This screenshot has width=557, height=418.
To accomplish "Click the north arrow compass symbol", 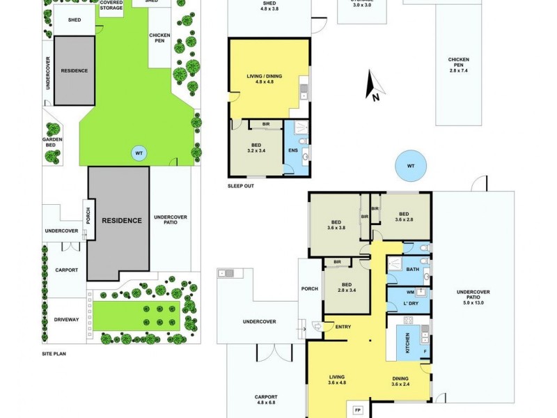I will (x=375, y=88).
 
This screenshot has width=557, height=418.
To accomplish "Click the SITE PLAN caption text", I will (x=56, y=353).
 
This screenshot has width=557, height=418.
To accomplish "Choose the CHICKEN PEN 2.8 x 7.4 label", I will (x=460, y=65).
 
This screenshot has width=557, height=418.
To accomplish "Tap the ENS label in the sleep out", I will (x=293, y=150).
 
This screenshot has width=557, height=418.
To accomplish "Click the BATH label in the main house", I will (x=413, y=270).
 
